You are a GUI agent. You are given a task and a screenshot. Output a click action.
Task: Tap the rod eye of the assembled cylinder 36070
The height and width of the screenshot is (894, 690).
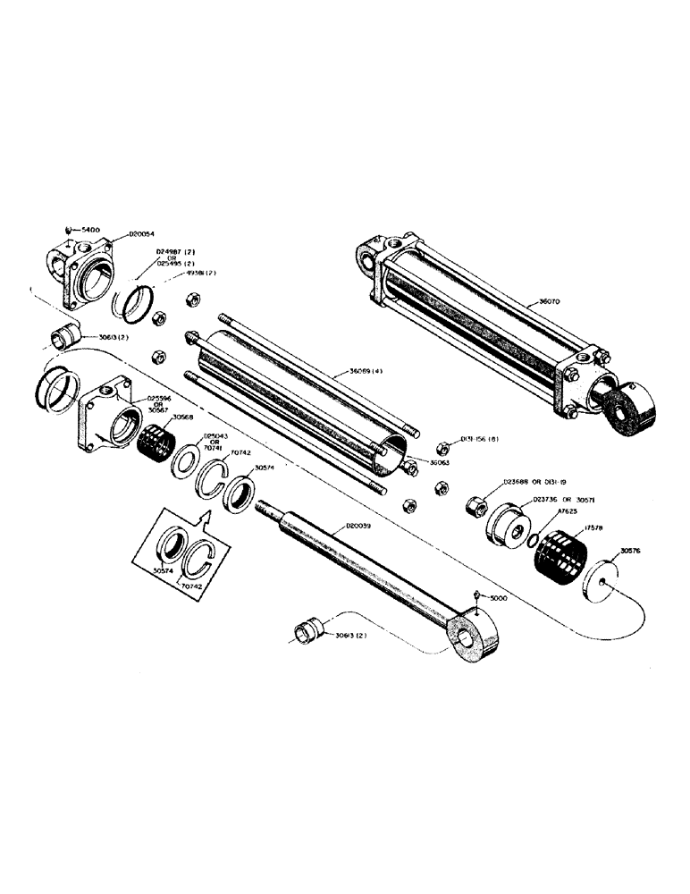[x=629, y=411]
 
